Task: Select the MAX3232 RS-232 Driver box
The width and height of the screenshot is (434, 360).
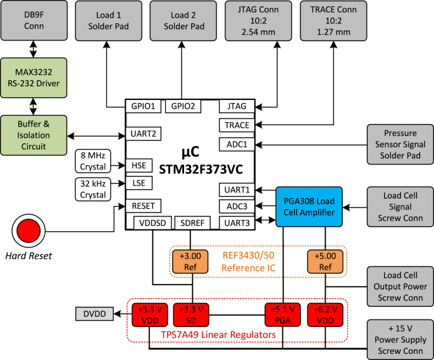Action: pyautogui.click(x=34, y=75)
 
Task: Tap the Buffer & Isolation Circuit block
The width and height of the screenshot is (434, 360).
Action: pyautogui.click(x=34, y=133)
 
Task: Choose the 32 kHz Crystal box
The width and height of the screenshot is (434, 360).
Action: pyautogui.click(x=92, y=188)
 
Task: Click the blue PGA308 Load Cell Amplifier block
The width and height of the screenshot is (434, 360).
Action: pyautogui.click(x=308, y=206)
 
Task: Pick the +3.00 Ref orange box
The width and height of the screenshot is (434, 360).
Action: pyautogui.click(x=191, y=261)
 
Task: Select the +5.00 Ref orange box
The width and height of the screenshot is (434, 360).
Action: pyautogui.click(x=325, y=261)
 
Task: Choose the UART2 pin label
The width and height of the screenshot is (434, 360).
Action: pyautogui.click(x=144, y=133)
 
